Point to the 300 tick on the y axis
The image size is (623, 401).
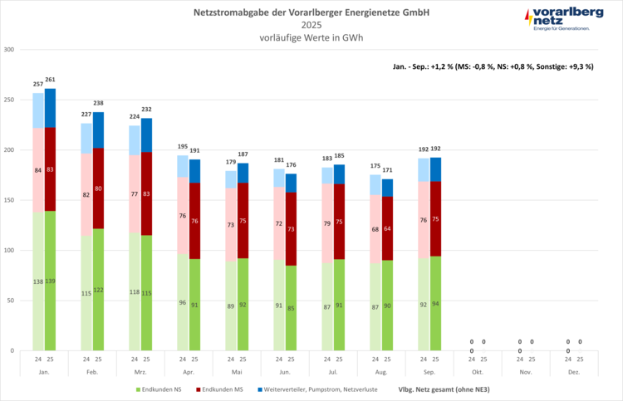[x=10, y=50]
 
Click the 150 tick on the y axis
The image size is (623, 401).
[x=10, y=200]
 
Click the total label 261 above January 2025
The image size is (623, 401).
[x=51, y=81]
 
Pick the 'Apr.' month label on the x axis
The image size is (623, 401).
[x=189, y=374]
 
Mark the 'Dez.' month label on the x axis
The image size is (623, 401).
[x=574, y=374]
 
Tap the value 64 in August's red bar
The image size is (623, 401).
[x=388, y=229]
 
